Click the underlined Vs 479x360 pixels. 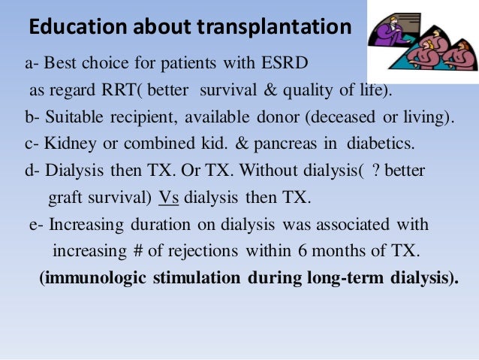coord(169,199)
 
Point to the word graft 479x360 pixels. coord(65,199)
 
